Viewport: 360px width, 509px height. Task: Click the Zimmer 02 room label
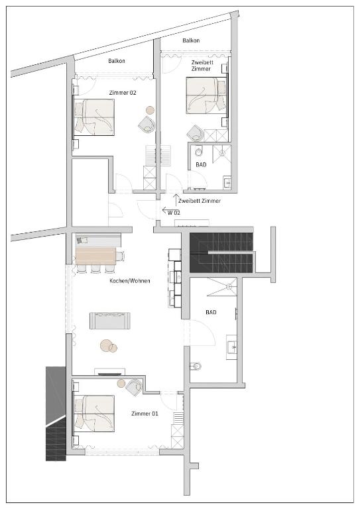tap(123, 93)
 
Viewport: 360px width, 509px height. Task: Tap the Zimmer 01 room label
tap(145, 414)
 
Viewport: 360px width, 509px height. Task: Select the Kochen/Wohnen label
tap(130, 281)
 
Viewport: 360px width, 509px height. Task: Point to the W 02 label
tap(174, 213)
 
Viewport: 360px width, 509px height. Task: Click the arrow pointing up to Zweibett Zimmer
tap(176, 200)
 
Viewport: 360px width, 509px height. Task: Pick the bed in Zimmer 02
tap(94, 117)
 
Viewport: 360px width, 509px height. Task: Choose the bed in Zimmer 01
tap(94, 414)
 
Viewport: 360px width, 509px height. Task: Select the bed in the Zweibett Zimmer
tap(206, 95)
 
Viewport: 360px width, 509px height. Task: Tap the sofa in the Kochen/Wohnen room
tap(110, 321)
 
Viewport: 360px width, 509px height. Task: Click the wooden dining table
tap(95, 256)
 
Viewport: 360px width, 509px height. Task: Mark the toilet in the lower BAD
tap(196, 367)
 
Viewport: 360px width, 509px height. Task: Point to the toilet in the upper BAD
tap(198, 151)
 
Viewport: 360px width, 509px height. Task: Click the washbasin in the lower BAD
tap(232, 347)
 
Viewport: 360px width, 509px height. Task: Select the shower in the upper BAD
tap(221, 154)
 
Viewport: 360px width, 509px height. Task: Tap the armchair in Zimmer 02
tap(147, 125)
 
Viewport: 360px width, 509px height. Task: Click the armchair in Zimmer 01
tap(134, 387)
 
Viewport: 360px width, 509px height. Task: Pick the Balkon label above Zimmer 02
tap(117, 61)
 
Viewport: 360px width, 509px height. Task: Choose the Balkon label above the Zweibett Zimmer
tap(191, 40)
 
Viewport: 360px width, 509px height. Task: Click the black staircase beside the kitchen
tap(221, 253)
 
